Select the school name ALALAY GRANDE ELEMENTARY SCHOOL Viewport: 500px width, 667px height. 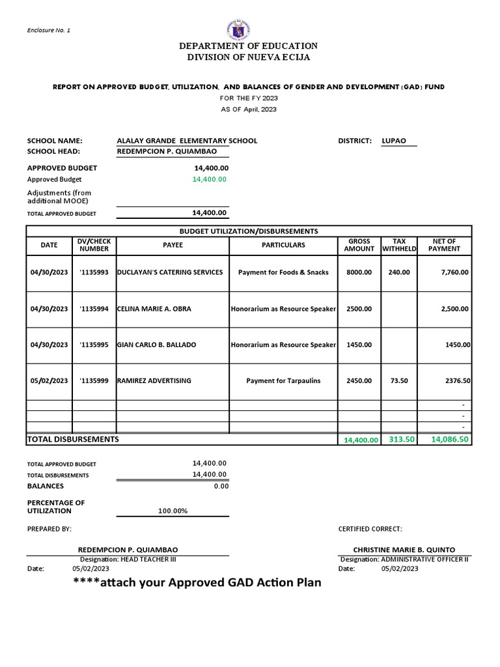pos(186,141)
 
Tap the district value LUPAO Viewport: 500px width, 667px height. pos(398,141)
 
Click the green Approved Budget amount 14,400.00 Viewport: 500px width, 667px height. pos(209,179)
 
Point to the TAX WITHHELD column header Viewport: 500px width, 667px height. pos(399,245)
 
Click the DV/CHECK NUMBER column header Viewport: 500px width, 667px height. pos(94,245)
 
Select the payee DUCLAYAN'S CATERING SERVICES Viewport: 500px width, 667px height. pos(170,272)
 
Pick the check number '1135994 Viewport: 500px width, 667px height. pos(94,309)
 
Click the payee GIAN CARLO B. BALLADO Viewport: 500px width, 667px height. pos(156,345)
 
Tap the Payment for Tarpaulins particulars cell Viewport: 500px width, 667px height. pos(283,380)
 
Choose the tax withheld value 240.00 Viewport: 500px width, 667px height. pos(399,272)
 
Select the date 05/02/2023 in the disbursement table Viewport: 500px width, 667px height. pos(49,380)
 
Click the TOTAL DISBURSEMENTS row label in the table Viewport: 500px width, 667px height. pos(73,440)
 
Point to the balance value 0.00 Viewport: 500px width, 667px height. pos(221,486)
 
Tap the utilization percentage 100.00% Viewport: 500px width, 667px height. pos(173,511)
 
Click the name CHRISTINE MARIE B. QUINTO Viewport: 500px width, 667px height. pos(404,549)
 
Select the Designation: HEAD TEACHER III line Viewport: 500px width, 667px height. pos(128,559)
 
